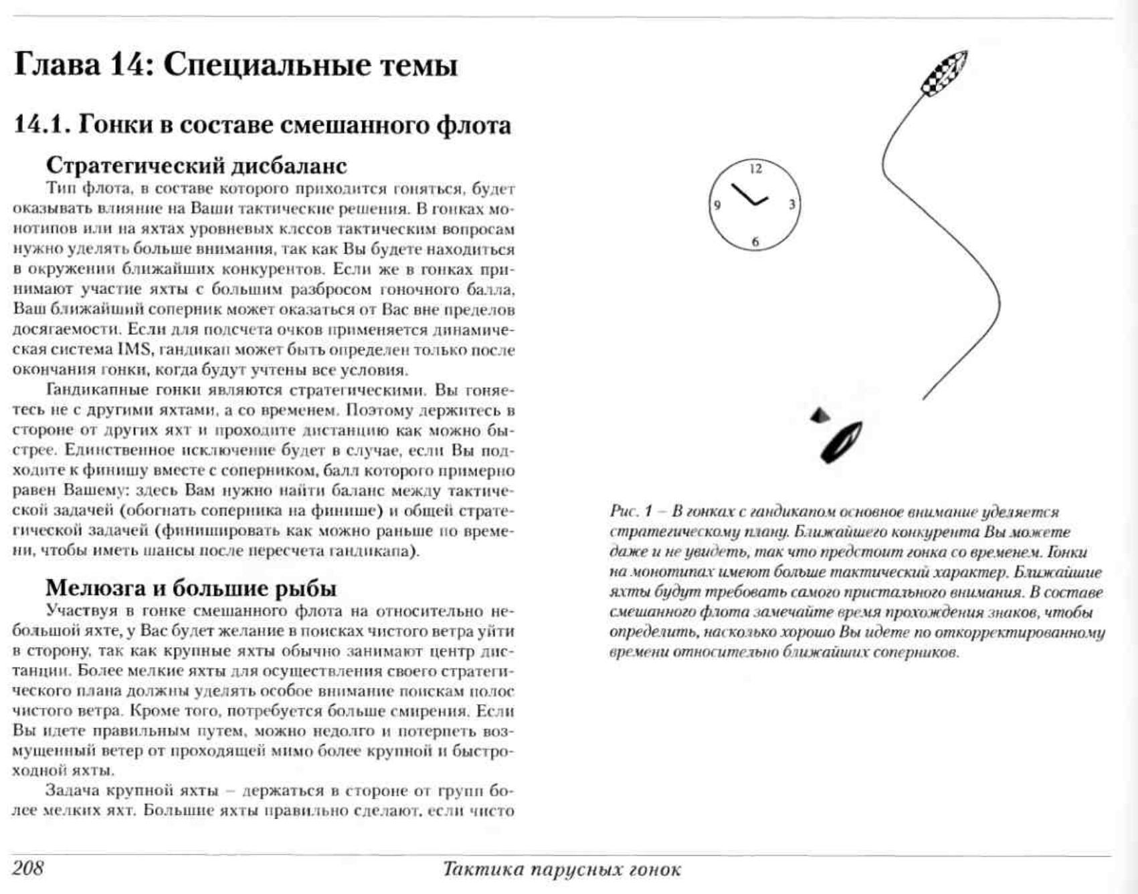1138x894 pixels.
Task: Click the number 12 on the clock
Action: [x=755, y=169]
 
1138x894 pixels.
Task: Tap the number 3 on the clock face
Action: [x=791, y=205]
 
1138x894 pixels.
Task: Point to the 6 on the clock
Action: [x=755, y=241]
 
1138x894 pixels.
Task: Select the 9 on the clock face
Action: [x=718, y=205]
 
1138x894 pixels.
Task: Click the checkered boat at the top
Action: [x=944, y=72]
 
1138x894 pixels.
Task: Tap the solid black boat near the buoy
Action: [x=841, y=442]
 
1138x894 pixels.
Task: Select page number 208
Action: [x=28, y=868]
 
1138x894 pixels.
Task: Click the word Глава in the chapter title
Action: [x=58, y=66]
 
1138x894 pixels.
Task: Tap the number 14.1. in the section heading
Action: [x=41, y=125]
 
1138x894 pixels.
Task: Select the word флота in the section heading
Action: [x=474, y=125]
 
